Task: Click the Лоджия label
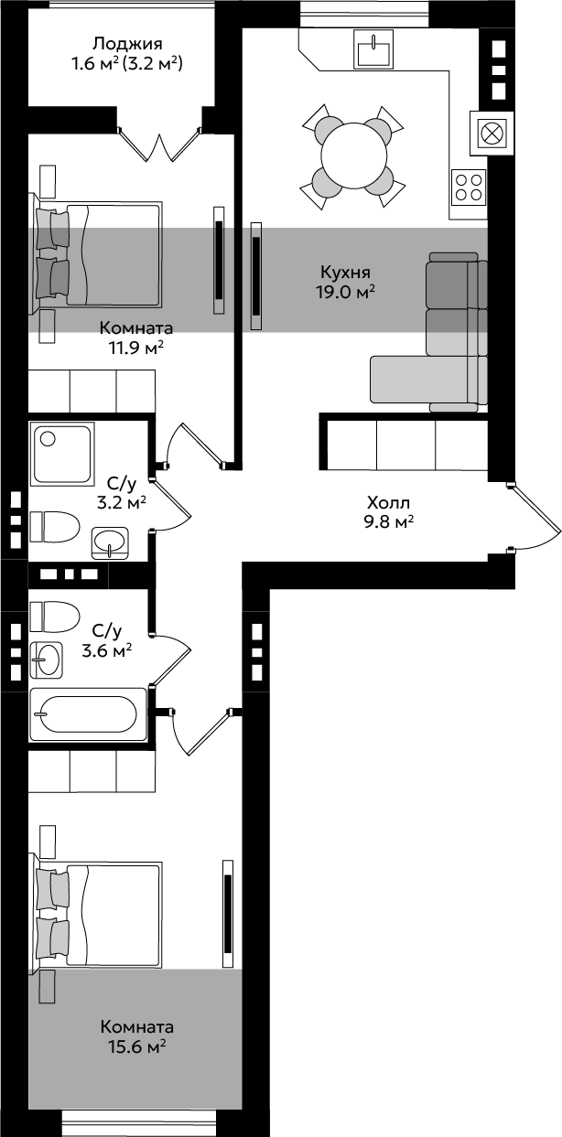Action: (128, 44)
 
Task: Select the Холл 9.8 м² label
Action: (388, 511)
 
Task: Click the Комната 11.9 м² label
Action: (136, 338)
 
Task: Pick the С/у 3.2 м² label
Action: (122, 493)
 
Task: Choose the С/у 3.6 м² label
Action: (107, 640)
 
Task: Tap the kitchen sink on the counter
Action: (374, 48)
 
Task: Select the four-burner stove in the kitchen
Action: (469, 187)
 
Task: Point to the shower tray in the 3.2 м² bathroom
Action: (62, 453)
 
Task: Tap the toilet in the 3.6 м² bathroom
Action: (54, 617)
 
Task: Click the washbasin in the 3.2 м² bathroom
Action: (110, 543)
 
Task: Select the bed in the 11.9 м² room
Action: (96, 254)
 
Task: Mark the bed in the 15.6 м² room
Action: (96, 914)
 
